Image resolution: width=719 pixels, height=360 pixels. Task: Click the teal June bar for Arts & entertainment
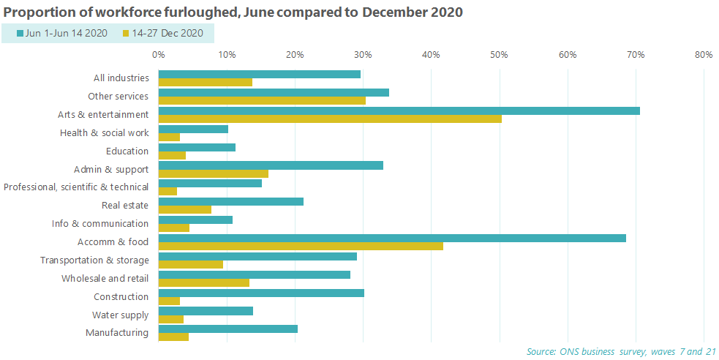pos(399,110)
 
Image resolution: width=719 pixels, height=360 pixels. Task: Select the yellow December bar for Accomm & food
pos(301,247)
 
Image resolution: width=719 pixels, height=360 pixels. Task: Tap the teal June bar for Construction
pos(261,293)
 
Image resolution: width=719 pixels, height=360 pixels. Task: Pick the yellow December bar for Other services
pos(262,100)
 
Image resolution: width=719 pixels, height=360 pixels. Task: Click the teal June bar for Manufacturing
pos(227,329)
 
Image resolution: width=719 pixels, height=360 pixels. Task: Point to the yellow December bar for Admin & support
pos(213,173)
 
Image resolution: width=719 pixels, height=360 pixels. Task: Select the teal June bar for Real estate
pos(230,201)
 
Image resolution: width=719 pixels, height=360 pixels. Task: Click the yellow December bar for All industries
pos(205,82)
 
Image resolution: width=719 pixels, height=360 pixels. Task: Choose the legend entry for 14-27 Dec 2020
pos(162,33)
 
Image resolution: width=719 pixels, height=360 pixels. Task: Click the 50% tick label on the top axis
pos(500,54)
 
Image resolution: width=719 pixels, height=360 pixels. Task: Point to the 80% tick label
pos(703,54)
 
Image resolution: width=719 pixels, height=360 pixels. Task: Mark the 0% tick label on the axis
pos(159,54)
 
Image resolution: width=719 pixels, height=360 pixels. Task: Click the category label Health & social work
pos(104,133)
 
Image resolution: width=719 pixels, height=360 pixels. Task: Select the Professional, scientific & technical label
pos(76,187)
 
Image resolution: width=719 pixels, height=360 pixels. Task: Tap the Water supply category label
pos(120,315)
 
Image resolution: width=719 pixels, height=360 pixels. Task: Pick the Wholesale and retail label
pos(105,279)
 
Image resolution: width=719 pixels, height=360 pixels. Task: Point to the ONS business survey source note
pos(621,352)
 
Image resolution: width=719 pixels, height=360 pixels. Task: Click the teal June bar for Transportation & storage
pos(257,256)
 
